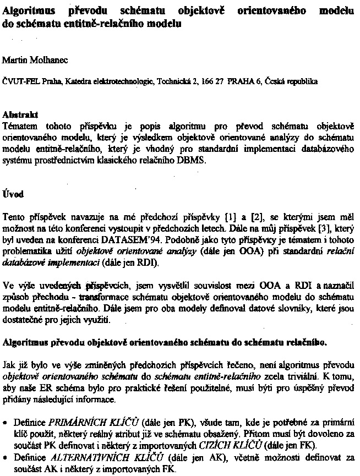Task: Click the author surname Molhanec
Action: (41, 58)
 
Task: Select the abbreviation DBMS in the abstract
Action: (198, 160)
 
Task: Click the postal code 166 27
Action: (212, 81)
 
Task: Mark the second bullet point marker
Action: (6, 458)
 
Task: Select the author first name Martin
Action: (13, 58)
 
